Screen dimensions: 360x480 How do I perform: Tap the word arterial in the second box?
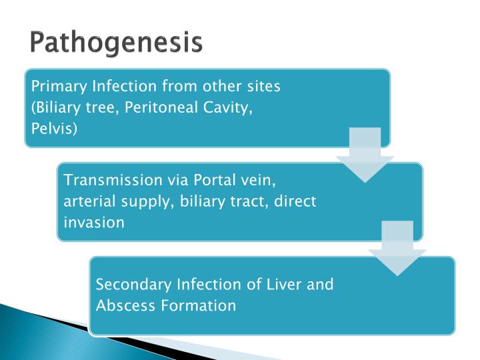[x=87, y=201]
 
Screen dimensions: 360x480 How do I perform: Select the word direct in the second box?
[x=295, y=201]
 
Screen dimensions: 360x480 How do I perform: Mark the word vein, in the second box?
[x=261, y=180]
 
